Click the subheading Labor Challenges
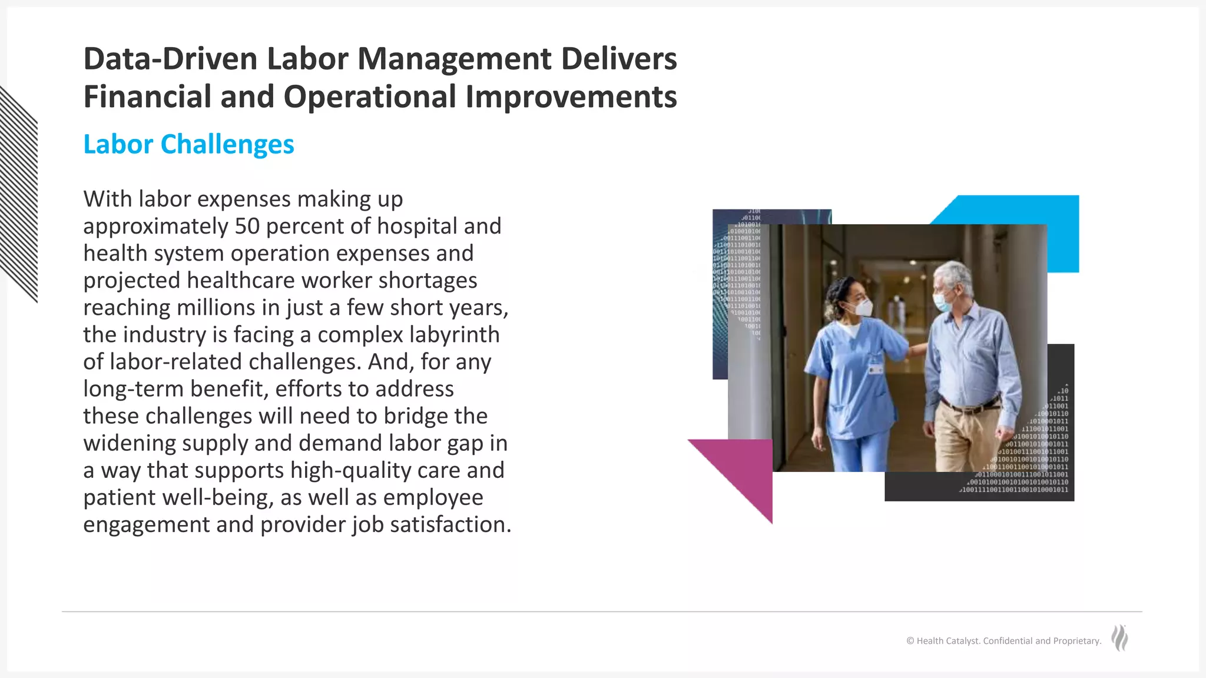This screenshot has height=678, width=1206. tap(188, 145)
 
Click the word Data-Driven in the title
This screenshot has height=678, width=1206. tap(170, 59)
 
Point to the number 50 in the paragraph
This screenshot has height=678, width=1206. tap(247, 227)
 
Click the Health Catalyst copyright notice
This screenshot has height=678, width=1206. tap(1003, 641)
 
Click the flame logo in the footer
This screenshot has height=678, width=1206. tap(1119, 638)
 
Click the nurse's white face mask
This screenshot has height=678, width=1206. tap(864, 307)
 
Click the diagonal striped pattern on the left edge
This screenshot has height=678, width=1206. tap(18, 194)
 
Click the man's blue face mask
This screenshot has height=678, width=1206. tap(941, 301)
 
